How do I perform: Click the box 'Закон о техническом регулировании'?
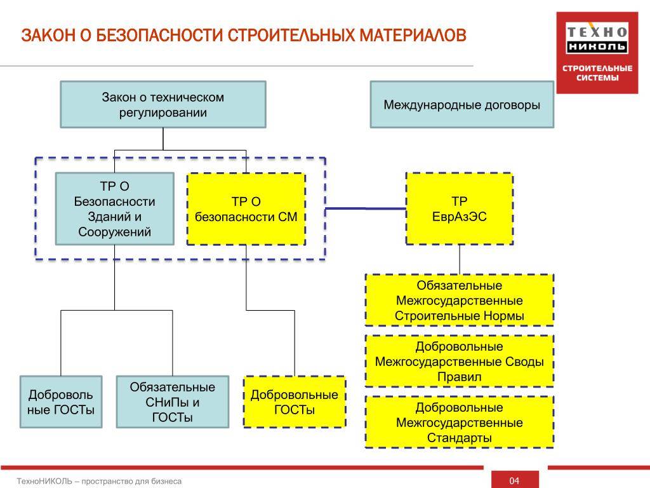pos(163,104)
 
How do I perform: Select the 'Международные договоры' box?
pos(462,104)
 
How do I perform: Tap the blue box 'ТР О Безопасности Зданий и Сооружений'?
pos(114,208)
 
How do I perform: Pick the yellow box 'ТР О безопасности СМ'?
pos(246,209)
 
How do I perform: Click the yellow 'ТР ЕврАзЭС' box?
pos(460,208)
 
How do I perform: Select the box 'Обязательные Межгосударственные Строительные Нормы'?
pos(460,301)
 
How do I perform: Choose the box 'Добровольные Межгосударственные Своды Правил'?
pos(460,362)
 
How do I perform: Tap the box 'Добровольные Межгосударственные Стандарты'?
pos(460,423)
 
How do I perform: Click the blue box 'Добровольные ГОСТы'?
pos(61,402)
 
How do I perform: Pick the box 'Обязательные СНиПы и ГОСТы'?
pos(173,402)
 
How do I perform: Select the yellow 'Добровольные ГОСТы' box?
pos(295,402)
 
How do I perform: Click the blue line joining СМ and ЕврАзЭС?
pos(366,208)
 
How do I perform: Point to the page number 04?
pos(514,480)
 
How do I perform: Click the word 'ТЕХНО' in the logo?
pos(597,32)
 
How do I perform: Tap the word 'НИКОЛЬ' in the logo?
pos(597,46)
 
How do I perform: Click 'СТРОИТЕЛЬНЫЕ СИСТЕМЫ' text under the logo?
pos(597,73)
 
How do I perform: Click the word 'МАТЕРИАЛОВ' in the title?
pos(413,36)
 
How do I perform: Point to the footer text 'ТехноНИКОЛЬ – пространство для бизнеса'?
pos(100,482)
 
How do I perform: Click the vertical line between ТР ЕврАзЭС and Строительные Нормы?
pos(460,259)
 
